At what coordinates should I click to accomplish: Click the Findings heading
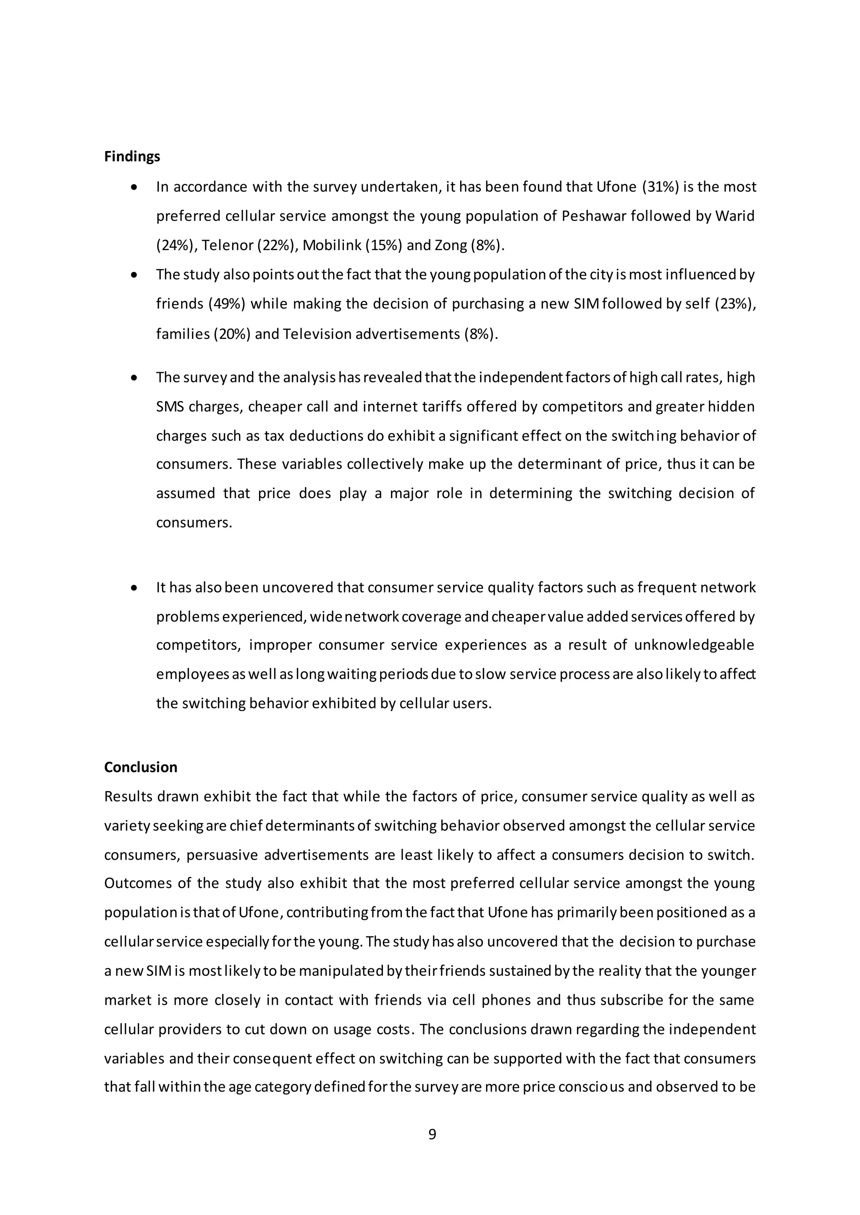(x=132, y=156)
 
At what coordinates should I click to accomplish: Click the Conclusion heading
(x=140, y=767)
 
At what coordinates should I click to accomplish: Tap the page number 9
(x=432, y=1134)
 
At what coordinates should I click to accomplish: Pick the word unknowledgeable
(x=694, y=645)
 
